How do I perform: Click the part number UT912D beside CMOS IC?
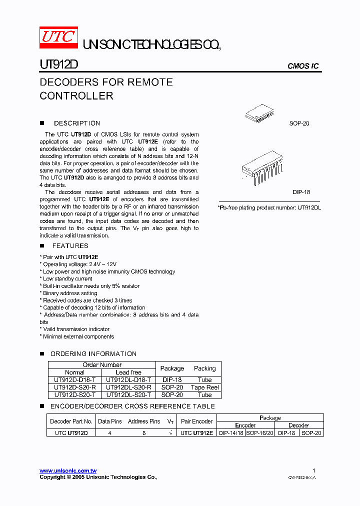tap(58, 65)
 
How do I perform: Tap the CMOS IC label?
tap(303, 66)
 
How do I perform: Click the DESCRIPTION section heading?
tap(77, 123)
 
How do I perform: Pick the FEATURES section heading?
tap(70, 245)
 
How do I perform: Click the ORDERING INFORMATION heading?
tap(93, 353)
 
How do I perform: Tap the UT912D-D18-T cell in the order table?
tap(75, 380)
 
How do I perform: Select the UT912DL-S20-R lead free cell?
tap(129, 387)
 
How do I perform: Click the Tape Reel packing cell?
tap(205, 387)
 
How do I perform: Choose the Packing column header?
tap(205, 368)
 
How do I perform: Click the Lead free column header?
tap(129, 372)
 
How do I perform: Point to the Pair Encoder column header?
tap(196, 421)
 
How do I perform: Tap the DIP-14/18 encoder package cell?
tap(231, 433)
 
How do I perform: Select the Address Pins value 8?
tap(144, 433)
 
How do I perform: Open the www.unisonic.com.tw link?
tap(68, 471)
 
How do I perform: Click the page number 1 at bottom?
tap(313, 470)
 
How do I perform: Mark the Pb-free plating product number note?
tap(269, 207)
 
